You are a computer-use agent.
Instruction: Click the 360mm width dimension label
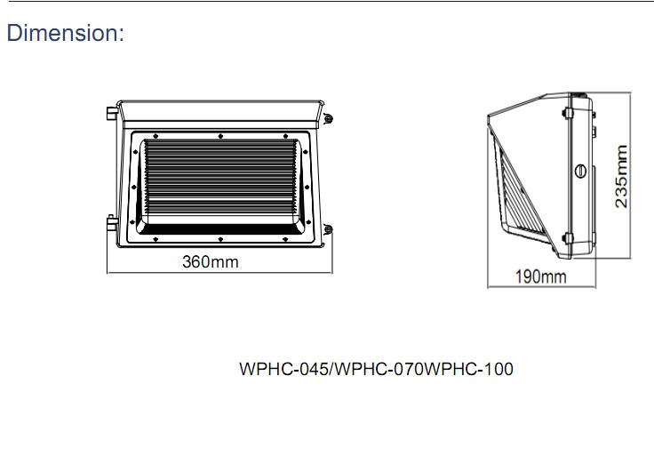pyautogui.click(x=210, y=262)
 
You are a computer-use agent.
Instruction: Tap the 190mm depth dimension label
pyautogui.click(x=540, y=276)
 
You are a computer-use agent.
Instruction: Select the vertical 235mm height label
pyautogui.click(x=621, y=177)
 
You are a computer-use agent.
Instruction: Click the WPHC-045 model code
pyautogui.click(x=284, y=369)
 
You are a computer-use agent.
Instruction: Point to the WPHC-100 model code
pyautogui.click(x=469, y=369)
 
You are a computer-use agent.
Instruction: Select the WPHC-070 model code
pyautogui.click(x=377, y=369)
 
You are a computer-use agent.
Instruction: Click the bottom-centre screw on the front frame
pyautogui.click(x=219, y=240)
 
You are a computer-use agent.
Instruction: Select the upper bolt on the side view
pyautogui.click(x=566, y=112)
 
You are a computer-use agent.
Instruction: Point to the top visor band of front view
pyautogui.click(x=219, y=112)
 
